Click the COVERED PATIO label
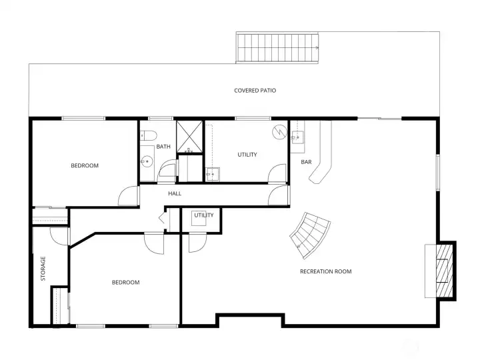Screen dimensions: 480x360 coord(255,91)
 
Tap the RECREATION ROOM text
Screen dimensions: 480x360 coord(326,271)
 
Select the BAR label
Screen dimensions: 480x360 coord(306,162)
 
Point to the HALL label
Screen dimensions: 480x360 coord(175,193)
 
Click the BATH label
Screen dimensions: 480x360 coord(163,147)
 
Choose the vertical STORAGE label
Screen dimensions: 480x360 coord(43,269)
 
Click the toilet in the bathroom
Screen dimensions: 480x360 coord(149,135)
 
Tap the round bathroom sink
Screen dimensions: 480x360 coord(147,161)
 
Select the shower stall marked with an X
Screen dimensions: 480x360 coord(189,137)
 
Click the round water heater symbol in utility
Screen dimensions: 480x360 coord(280,132)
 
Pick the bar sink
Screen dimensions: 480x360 coord(297,137)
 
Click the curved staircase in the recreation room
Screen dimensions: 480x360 coord(310,235)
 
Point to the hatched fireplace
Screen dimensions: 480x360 coord(444,271)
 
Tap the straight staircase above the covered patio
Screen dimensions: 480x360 coord(277,48)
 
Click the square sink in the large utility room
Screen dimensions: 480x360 coord(213,174)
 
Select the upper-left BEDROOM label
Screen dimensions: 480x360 coord(85,165)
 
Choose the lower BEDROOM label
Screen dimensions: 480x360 coord(126,282)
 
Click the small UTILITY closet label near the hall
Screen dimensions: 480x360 coord(204,215)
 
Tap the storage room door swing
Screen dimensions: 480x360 coord(59,236)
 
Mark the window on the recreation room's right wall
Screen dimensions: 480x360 coord(438,173)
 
